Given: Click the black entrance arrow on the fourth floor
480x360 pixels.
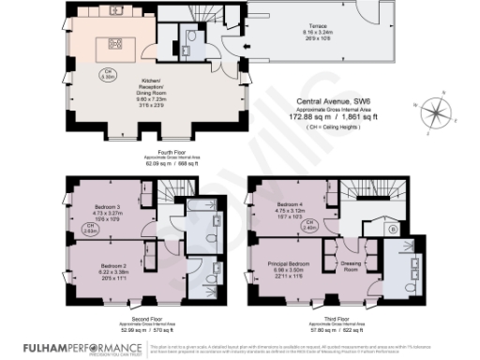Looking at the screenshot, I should point(245,46).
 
